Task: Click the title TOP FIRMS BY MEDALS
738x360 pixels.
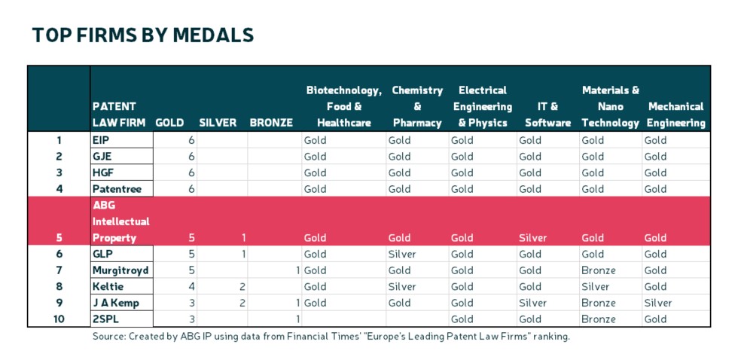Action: pyautogui.click(x=142, y=35)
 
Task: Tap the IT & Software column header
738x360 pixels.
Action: pyautogui.click(x=547, y=114)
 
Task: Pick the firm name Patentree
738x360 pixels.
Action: pyautogui.click(x=117, y=189)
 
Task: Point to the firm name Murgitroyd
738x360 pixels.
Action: pyautogui.click(x=120, y=270)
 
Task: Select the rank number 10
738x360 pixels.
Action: pyautogui.click(x=59, y=319)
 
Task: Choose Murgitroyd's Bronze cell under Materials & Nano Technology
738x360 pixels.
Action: pyautogui.click(x=598, y=270)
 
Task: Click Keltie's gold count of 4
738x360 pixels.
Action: pyautogui.click(x=192, y=287)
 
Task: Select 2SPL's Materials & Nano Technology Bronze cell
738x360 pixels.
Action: pyautogui.click(x=598, y=319)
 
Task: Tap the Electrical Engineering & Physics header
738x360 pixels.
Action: pyautogui.click(x=484, y=106)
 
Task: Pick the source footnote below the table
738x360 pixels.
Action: pyautogui.click(x=331, y=337)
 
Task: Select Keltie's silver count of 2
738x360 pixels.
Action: pyautogui.click(x=243, y=287)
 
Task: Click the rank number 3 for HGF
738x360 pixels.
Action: pyautogui.click(x=59, y=172)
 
